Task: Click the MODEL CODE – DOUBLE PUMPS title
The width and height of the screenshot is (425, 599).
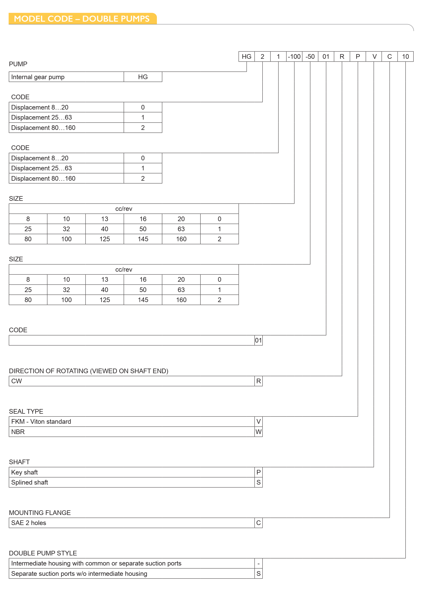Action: [82, 19]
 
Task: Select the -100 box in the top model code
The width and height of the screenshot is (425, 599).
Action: [294, 57]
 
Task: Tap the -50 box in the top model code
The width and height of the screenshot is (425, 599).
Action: [310, 57]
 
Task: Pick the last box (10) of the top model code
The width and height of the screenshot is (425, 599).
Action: [405, 57]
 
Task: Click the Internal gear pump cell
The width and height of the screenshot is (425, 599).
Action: [38, 77]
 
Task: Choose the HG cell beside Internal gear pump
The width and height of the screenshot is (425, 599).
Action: [143, 77]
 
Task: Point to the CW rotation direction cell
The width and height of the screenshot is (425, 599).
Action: [17, 381]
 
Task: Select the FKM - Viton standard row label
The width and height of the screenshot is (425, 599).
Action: [41, 422]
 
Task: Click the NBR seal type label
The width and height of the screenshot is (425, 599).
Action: [18, 432]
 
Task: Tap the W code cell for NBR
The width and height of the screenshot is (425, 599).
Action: [259, 432]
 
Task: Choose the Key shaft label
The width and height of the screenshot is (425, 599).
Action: [25, 472]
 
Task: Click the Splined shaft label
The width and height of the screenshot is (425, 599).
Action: [30, 482]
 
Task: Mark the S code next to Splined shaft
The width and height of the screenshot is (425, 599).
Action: [259, 482]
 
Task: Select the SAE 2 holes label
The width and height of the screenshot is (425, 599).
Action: [29, 523]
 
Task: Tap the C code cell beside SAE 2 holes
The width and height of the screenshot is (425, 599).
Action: [259, 523]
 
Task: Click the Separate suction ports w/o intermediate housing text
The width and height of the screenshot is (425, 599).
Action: [79, 574]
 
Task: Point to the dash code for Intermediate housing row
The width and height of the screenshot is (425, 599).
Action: [259, 563]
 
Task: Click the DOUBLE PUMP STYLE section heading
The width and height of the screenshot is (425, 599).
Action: [43, 553]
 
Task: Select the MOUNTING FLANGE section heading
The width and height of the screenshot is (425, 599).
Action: [40, 513]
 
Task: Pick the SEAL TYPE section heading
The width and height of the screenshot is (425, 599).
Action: [26, 411]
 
